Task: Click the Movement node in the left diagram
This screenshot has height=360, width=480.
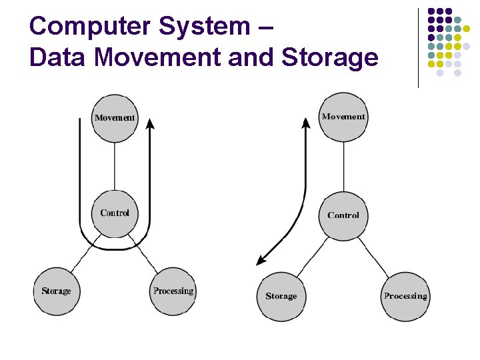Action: click(115, 118)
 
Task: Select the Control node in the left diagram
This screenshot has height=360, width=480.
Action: click(115, 213)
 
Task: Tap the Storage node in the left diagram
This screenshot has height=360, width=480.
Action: click(56, 291)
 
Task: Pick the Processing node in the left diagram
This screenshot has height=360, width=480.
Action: click(173, 291)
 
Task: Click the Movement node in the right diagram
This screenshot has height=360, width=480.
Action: click(343, 117)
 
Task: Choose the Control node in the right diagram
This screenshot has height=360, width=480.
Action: click(343, 215)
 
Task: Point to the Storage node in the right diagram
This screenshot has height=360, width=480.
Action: click(281, 296)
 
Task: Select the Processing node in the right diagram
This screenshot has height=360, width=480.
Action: click(405, 296)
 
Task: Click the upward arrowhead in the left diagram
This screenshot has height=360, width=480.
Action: click(151, 125)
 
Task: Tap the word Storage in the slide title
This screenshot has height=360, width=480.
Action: click(330, 58)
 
